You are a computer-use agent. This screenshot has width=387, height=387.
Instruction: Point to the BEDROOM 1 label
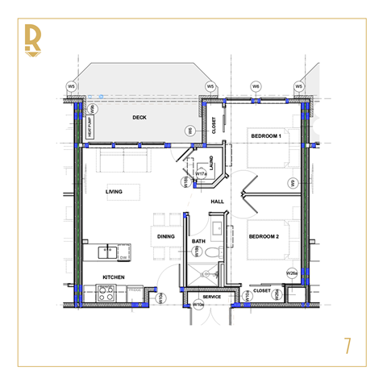(264, 135)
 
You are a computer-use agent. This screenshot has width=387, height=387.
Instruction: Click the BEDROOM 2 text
(264, 236)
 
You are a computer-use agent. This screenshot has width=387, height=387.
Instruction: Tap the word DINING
(166, 236)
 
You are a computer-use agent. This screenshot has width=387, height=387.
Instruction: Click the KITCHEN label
(113, 277)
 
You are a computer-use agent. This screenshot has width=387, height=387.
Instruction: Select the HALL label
(217, 202)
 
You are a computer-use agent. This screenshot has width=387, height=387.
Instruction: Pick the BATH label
(198, 241)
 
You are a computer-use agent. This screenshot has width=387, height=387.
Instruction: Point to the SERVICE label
(211, 297)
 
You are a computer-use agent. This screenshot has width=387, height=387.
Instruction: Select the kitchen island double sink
(107, 252)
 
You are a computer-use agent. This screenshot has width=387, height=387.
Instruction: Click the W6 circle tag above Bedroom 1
(256, 86)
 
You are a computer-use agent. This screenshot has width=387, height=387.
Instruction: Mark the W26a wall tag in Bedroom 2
(292, 273)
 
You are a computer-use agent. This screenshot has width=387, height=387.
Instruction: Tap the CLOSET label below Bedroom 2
(261, 290)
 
